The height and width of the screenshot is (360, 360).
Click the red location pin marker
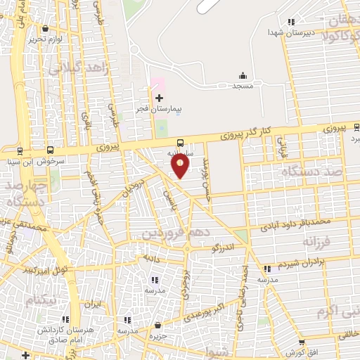tap(181, 166)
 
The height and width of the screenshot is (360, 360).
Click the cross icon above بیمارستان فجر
tap(159, 98)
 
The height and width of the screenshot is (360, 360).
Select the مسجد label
tap(243, 85)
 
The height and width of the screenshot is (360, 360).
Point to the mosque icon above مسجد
tap(243, 75)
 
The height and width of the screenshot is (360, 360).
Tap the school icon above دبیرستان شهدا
tap(291, 22)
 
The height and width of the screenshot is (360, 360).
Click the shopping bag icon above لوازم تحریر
tap(46, 29)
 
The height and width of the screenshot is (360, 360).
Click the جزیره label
tap(157, 335)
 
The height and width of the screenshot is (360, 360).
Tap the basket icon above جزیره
tap(157, 326)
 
